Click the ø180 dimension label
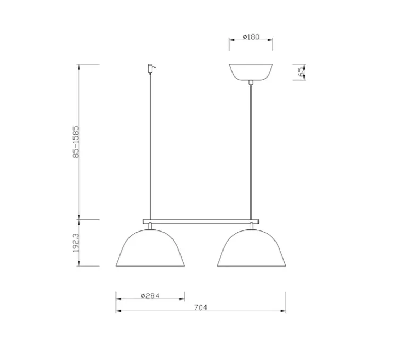click(x=250, y=37)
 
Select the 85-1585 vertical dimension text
click(x=75, y=141)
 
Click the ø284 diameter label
click(x=150, y=296)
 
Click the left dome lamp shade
click(x=150, y=250)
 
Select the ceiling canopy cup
click(x=251, y=72)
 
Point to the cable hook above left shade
click(x=150, y=68)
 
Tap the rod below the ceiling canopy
click(x=251, y=149)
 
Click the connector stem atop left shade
click(x=150, y=227)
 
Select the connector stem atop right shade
click(x=251, y=227)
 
